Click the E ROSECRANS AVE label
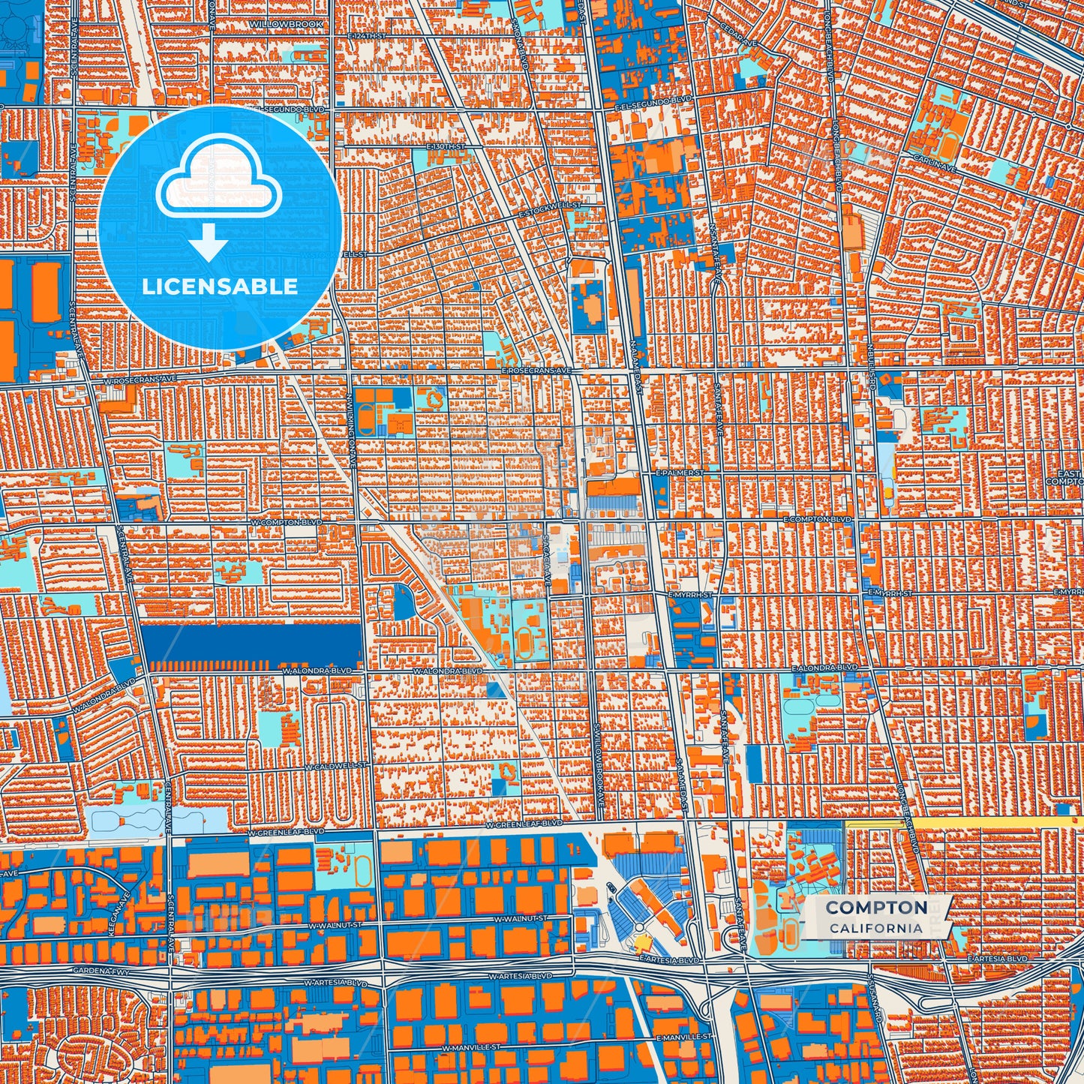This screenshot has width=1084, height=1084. click(537, 371)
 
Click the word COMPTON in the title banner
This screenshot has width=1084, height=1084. click(876, 908)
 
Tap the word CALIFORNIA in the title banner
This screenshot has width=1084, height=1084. click(876, 928)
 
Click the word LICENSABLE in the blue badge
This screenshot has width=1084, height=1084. click(221, 287)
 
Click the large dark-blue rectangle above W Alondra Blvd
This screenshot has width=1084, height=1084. click(251, 643)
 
